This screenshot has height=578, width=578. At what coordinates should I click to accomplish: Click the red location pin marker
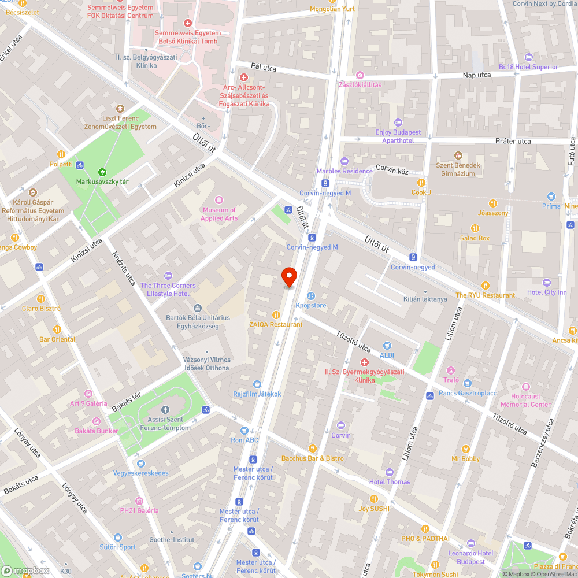pyautogui.click(x=288, y=277)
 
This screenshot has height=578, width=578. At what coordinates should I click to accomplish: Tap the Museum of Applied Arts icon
pyautogui.click(x=219, y=200)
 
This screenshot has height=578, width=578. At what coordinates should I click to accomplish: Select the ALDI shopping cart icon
pyautogui.click(x=387, y=345)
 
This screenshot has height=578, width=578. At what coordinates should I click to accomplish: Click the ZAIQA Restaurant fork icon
pyautogui.click(x=276, y=315)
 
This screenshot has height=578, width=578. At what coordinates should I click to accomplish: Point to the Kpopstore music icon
pyautogui.click(x=310, y=295)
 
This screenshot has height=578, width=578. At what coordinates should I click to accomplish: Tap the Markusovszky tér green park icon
pyautogui.click(x=102, y=172)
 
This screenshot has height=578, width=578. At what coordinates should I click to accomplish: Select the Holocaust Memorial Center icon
pyautogui.click(x=525, y=387)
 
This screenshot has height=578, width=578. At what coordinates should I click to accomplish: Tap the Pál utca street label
pyautogui.click(x=264, y=68)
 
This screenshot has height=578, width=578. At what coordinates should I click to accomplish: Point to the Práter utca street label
pyautogui.click(x=513, y=141)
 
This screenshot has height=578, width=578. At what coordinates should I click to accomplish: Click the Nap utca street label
pyautogui.click(x=476, y=75)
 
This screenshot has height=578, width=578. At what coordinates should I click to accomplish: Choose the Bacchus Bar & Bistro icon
pyautogui.click(x=313, y=449)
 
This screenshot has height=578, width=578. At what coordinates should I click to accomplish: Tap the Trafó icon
pyautogui.click(x=451, y=370)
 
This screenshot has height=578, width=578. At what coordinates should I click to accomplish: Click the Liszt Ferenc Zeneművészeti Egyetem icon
pyautogui.click(x=120, y=108)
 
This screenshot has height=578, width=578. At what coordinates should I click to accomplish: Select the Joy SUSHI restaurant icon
pyautogui.click(x=373, y=499)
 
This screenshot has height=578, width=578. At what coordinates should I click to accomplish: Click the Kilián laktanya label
pyautogui.click(x=425, y=299)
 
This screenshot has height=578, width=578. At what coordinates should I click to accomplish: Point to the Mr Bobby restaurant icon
pyautogui.click(x=466, y=449)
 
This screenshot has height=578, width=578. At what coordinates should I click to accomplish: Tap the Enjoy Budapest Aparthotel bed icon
pyautogui.click(x=398, y=123)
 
